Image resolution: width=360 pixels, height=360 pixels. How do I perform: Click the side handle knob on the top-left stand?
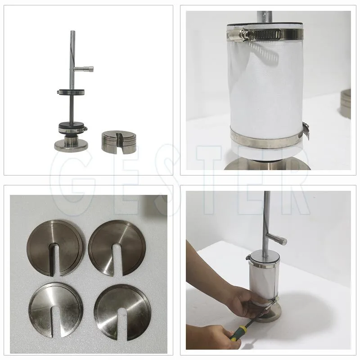click(x=84, y=68)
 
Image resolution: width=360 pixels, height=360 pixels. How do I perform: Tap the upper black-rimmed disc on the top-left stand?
click(x=71, y=92)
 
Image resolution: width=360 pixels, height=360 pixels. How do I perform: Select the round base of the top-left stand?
click(x=72, y=145)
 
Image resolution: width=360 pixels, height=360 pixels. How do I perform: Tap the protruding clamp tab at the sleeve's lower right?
click(x=307, y=131)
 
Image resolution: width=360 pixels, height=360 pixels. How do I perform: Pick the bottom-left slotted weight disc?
click(x=55, y=310)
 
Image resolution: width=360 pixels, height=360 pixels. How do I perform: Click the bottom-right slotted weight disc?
click(x=122, y=312)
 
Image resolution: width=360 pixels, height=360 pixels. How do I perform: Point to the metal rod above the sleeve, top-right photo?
click(x=264, y=17)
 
